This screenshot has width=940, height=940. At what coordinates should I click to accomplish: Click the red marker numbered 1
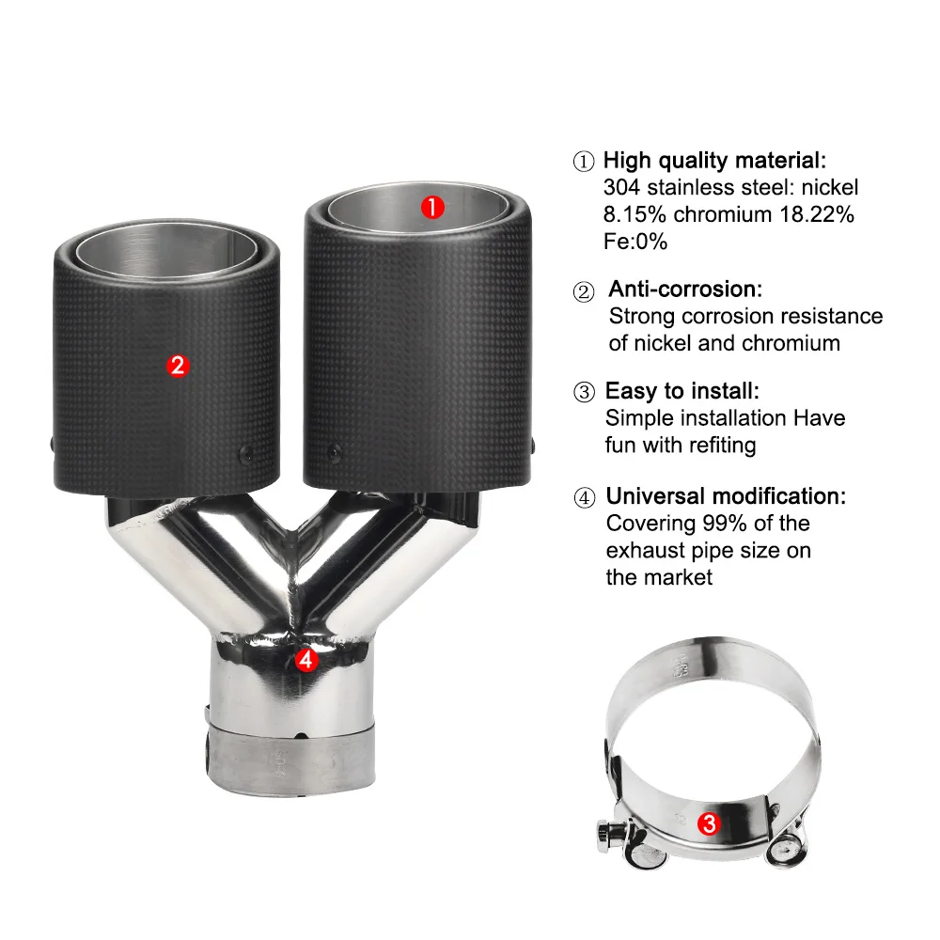432,208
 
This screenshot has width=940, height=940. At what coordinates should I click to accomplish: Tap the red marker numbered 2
178,365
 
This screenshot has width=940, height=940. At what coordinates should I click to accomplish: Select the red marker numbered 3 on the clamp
709,823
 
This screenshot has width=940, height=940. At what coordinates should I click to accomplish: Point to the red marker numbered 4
305,660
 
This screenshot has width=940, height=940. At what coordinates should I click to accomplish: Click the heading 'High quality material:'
714,160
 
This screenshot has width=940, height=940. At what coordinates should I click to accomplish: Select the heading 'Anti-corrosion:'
685,289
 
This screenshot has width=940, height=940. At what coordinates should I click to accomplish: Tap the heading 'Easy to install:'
682,391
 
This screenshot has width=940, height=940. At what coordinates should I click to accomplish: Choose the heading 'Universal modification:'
726,495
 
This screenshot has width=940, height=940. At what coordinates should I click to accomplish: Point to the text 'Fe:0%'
635,242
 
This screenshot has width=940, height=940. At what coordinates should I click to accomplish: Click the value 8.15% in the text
634,214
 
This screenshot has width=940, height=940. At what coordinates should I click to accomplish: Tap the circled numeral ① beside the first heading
584,162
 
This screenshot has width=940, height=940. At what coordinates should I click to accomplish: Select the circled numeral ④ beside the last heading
585,497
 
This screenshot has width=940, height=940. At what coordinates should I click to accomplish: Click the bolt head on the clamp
605,836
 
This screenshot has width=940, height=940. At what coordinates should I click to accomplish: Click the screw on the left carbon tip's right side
246,454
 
